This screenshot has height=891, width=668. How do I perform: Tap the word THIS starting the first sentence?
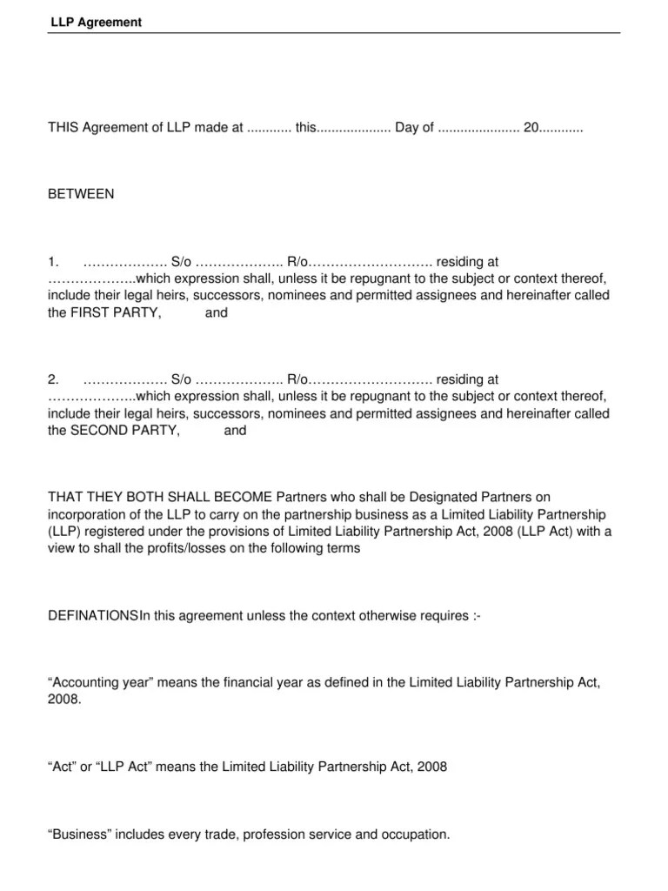coord(63,128)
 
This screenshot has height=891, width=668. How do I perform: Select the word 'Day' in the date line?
coord(407,128)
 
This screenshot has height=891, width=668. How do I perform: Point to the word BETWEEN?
coord(81,194)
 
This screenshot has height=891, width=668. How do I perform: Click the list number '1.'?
coord(53,260)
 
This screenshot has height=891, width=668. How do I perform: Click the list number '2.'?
coord(53,379)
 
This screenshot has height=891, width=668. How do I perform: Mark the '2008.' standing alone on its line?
coord(64,700)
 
